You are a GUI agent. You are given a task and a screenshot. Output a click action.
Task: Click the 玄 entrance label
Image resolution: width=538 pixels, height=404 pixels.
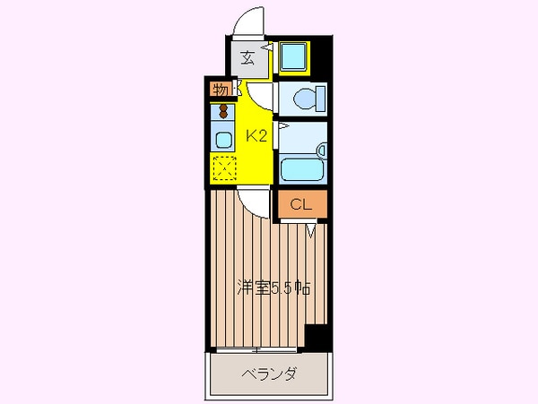247,59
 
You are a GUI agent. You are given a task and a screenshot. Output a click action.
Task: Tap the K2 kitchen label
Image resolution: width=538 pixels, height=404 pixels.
257,136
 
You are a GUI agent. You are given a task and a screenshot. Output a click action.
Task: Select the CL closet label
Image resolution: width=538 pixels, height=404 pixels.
300,205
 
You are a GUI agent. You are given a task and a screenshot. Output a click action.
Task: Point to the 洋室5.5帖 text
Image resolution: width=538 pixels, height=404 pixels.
273,289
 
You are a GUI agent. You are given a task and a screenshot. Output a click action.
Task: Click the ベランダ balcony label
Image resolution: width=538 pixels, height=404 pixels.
270,374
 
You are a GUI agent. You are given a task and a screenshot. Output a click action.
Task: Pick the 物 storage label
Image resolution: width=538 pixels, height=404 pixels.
219,90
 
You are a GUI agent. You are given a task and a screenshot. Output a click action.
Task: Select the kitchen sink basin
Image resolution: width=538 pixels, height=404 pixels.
222,139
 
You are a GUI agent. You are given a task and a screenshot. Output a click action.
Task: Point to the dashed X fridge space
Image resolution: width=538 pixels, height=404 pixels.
222,167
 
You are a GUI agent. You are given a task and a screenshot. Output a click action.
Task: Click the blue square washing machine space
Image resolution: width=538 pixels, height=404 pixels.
292,57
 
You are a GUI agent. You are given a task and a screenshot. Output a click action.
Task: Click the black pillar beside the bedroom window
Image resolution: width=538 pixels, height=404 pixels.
315,340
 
